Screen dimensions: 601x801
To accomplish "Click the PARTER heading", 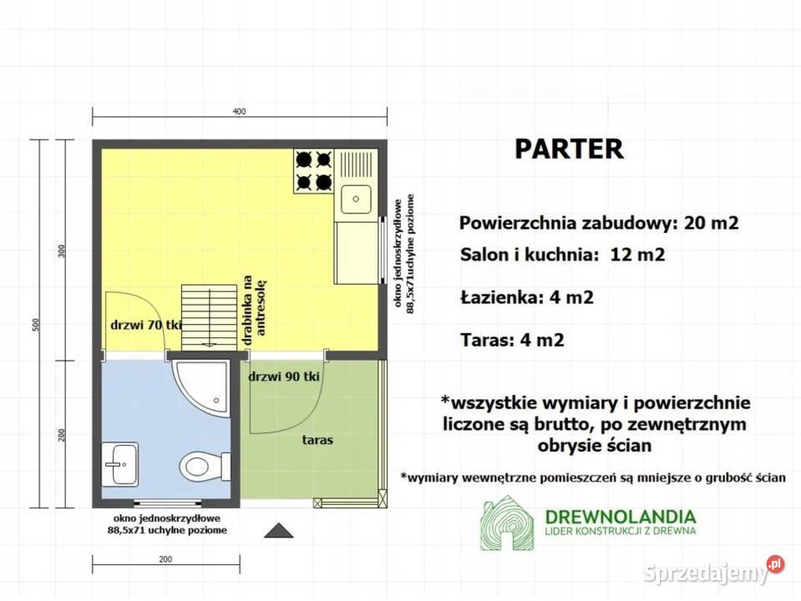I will tap(568, 149).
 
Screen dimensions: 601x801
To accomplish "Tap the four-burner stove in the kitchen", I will tap(313, 169).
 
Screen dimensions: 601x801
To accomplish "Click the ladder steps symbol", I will tap(209, 314).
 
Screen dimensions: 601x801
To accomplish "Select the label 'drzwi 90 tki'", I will tap(285, 376).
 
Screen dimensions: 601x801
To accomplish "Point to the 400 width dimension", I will tap(240, 111).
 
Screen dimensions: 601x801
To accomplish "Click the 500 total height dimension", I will tap(36, 324).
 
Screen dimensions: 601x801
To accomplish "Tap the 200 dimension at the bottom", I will tap(165, 559).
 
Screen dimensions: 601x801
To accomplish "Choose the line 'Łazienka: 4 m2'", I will tap(526, 297).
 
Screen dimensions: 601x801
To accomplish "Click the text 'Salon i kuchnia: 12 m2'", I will tap(562, 255).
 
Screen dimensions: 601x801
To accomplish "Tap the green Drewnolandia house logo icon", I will tap(506, 523).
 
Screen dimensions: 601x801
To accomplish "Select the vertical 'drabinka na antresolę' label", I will tap(254, 306).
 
